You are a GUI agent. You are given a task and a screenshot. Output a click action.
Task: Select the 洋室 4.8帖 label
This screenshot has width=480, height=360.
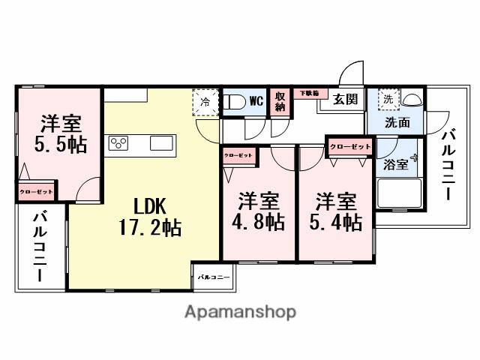260,211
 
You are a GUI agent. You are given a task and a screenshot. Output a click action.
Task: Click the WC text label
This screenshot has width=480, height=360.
256,100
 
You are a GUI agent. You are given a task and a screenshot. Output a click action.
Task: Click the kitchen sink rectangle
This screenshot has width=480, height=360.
162,142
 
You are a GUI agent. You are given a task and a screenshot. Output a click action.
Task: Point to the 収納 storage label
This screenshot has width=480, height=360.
279,101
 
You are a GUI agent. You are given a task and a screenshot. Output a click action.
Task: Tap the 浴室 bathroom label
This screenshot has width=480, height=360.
396,164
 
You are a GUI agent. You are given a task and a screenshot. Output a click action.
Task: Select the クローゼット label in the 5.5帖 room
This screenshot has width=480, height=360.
37,192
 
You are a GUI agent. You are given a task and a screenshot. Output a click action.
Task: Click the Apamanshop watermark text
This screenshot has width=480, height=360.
239,311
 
